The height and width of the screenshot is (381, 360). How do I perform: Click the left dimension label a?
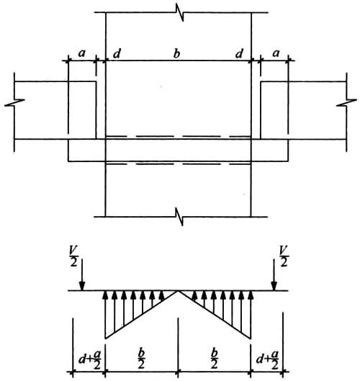82,53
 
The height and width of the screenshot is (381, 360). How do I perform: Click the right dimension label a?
276,53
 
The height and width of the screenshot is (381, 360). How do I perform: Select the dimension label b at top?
176,53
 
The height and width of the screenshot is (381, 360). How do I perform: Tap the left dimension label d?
117,53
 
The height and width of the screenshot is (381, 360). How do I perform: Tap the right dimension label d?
239,53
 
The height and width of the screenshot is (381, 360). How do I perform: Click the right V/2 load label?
283,256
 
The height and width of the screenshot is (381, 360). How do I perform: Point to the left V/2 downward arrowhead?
82,286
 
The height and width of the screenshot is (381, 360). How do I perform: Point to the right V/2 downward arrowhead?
274,286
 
